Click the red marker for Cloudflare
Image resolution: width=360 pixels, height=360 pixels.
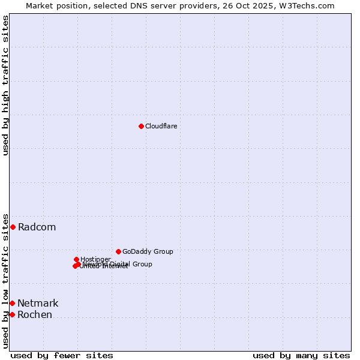[x=141, y=126]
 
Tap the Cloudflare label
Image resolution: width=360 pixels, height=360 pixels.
[x=161, y=126]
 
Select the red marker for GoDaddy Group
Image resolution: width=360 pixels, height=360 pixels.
[x=118, y=251]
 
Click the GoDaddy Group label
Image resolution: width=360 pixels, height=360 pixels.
[x=148, y=251]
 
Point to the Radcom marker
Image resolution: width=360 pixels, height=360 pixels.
[x=13, y=227]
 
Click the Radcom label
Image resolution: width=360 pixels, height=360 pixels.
[x=37, y=227]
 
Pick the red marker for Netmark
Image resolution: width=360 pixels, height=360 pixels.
[x=12, y=303]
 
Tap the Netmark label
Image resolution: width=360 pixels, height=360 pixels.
[x=38, y=303]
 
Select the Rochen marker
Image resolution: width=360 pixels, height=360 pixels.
[x=12, y=314]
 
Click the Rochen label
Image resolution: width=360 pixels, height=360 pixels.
[x=34, y=314]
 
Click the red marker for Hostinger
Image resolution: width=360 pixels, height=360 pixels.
[x=76, y=259]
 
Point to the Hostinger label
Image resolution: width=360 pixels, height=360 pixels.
[x=95, y=259]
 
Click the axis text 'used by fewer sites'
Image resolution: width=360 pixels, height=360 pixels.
[x=62, y=355]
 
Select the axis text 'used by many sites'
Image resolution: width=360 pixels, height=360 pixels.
[x=301, y=355]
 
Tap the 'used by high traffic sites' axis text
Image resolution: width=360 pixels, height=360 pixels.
[x=5, y=85]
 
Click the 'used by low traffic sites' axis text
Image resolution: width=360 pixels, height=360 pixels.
[x=5, y=280]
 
